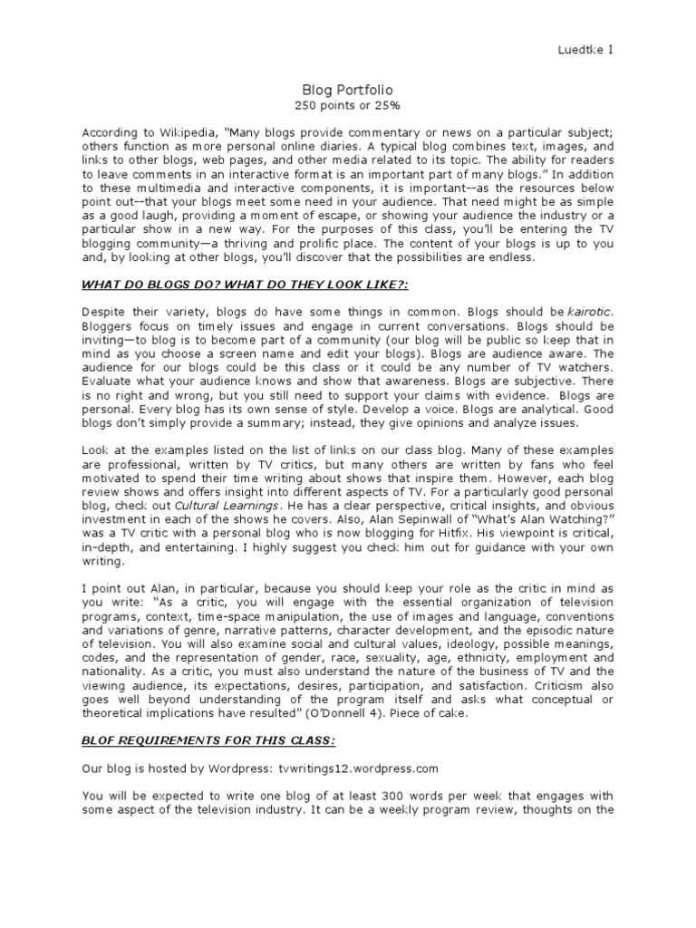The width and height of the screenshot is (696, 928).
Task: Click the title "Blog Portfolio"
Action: (x=348, y=90)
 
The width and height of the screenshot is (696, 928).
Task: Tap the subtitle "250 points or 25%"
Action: (x=348, y=106)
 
